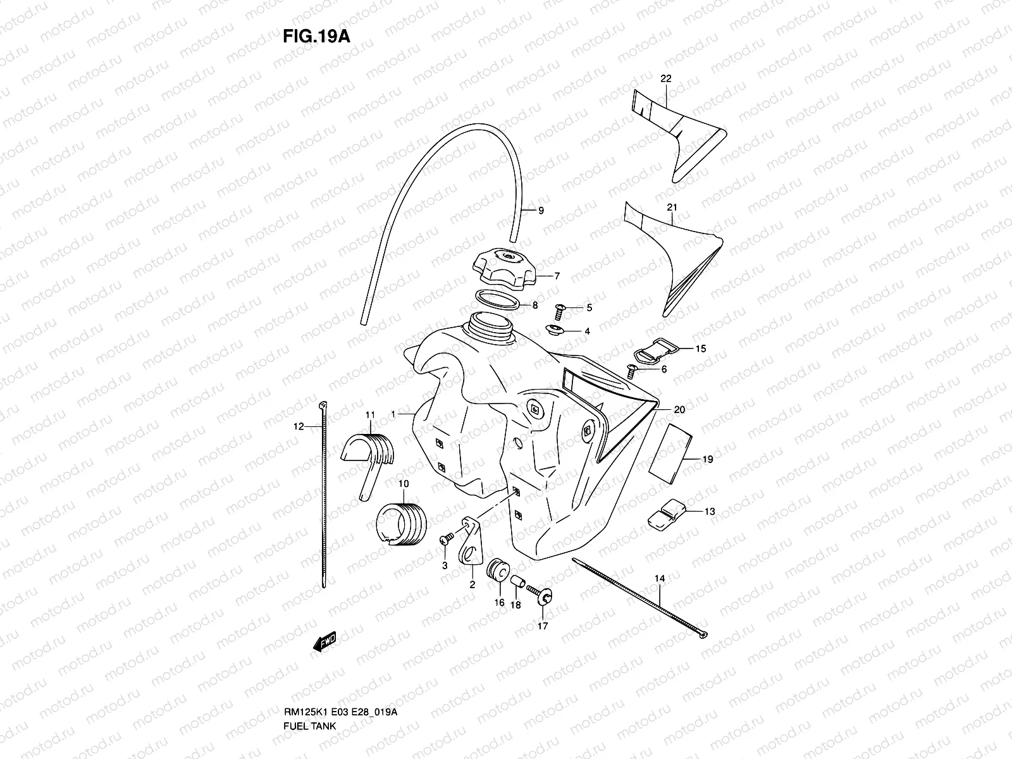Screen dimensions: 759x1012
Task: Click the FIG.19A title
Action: coord(316,35)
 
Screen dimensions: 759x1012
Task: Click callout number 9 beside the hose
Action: coord(541,211)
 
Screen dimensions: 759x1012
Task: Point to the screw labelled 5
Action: coord(560,309)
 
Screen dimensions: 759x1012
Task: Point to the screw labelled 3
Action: coord(447,538)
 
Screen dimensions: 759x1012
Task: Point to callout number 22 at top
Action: coord(665,78)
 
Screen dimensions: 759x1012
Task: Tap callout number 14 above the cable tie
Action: coord(660,578)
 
